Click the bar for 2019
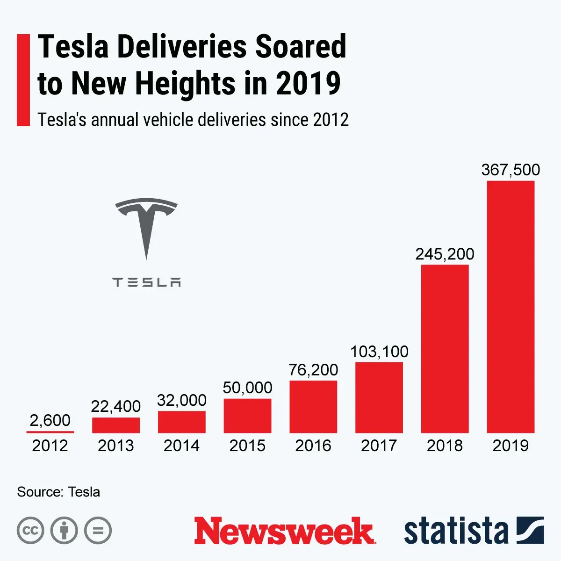click(x=511, y=307)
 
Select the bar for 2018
click(x=445, y=349)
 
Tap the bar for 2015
click(x=247, y=416)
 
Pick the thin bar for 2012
click(x=50, y=432)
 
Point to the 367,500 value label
click(x=511, y=169)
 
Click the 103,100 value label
click(x=379, y=352)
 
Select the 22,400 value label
click(x=116, y=406)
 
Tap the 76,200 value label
click(x=313, y=370)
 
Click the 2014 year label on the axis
click(x=181, y=446)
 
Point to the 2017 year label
click(x=379, y=446)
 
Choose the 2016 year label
click(x=313, y=446)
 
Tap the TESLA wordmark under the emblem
click(x=146, y=282)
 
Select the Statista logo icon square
click(x=530, y=530)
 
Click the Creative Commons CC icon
click(x=30, y=531)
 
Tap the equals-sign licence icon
click(x=98, y=531)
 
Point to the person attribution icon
click(x=64, y=531)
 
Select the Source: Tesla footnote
click(x=58, y=492)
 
